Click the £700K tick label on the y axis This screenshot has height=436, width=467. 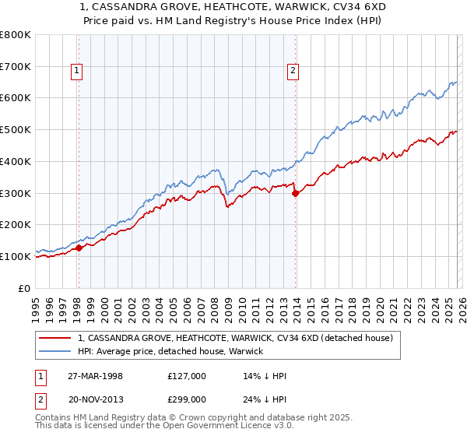coord(16,67)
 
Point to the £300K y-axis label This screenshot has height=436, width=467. coord(16,193)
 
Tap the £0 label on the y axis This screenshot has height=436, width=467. coord(25,288)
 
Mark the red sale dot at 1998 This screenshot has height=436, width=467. coord(79,248)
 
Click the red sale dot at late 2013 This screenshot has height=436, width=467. coord(295,194)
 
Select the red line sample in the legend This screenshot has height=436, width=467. coord(57,338)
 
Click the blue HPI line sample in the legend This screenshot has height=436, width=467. coord(57,351)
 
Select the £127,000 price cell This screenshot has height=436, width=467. coord(188,376)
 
